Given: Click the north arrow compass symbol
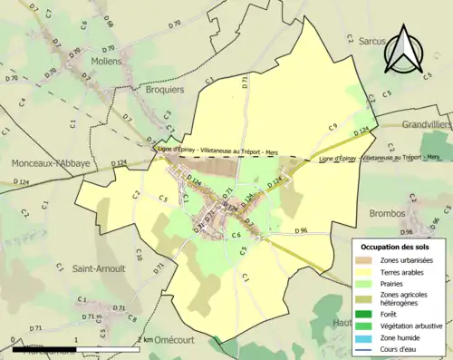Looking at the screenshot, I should pos(401,51).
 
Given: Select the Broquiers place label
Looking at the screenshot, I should pos(164,90).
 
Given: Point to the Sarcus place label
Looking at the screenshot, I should pos(371,42).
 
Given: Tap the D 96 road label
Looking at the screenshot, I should pos(303,231).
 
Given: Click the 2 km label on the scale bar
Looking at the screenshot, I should pos(145,339).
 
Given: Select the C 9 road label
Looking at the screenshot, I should pos(333,126).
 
